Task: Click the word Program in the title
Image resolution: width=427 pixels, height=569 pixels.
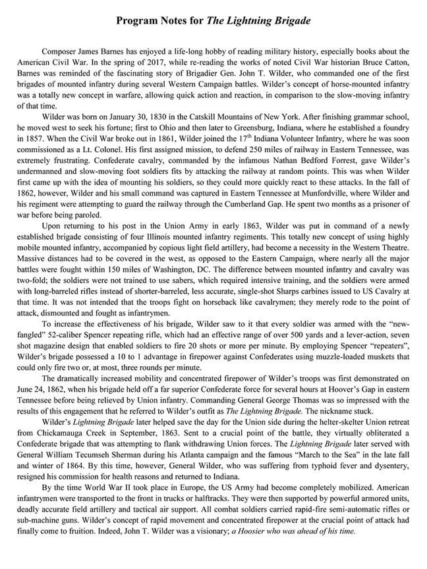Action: coord(136,22)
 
